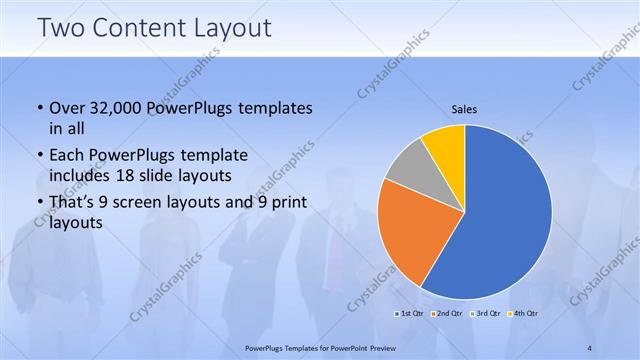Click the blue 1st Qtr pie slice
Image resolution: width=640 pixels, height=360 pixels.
point(510,220)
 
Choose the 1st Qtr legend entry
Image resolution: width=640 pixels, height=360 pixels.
point(407,314)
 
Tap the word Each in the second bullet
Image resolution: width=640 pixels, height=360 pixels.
point(68,156)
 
